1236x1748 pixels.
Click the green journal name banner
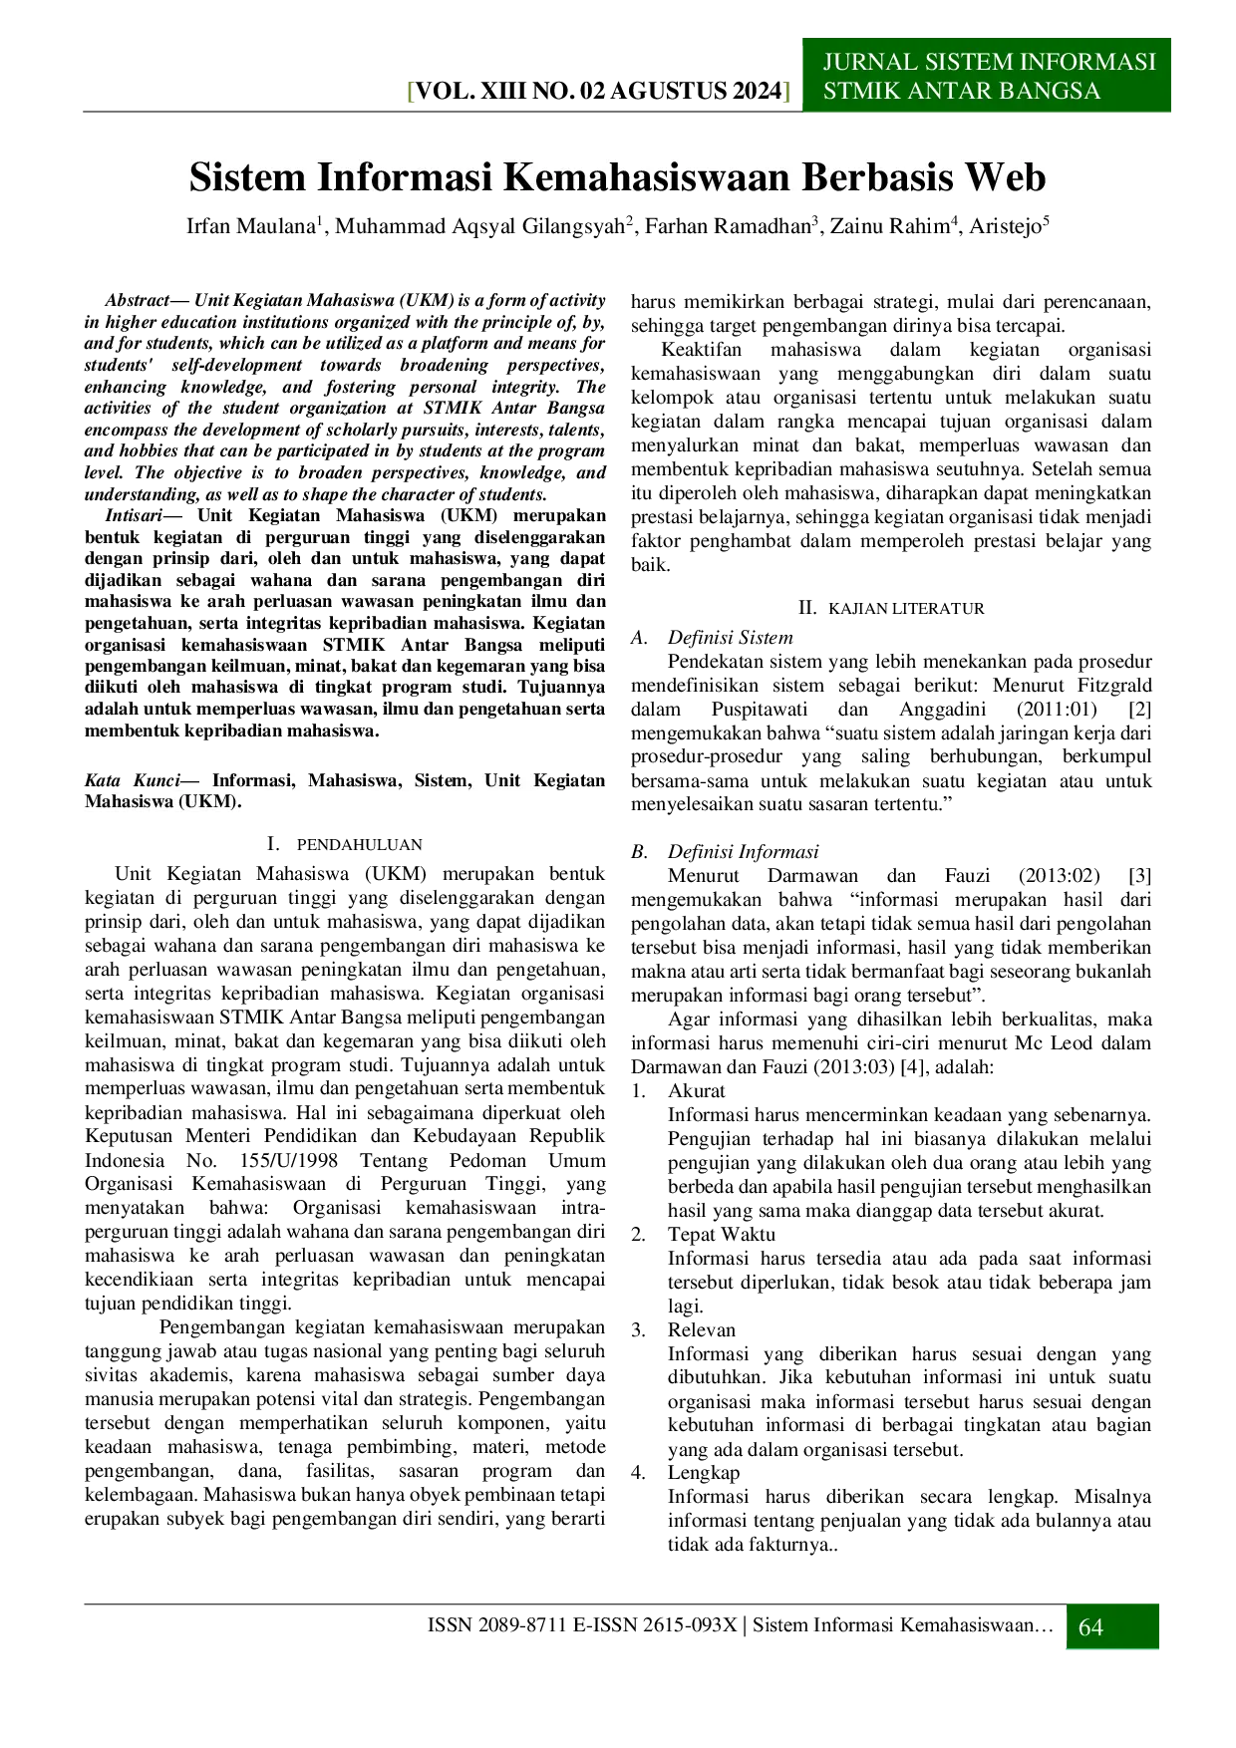(987, 75)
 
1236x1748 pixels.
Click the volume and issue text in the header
(599, 92)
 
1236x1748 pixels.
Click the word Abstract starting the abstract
(137, 300)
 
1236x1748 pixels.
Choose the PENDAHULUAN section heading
(359, 844)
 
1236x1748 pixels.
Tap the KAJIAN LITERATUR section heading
(906, 608)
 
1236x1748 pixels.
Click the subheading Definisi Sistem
(731, 638)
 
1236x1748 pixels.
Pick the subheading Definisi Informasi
(744, 852)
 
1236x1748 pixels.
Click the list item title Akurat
(697, 1091)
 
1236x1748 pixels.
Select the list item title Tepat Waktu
(722, 1235)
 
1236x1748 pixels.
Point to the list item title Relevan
(702, 1330)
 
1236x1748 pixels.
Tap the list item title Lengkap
(704, 1473)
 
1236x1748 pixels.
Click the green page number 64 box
(1112, 1626)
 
